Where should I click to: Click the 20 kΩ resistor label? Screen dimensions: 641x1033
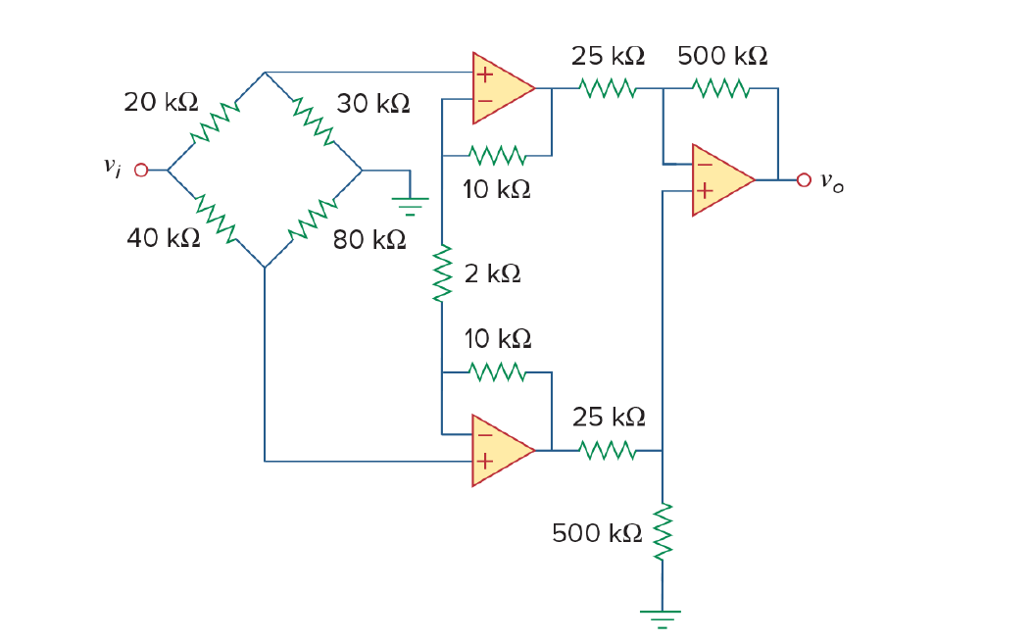pos(161,102)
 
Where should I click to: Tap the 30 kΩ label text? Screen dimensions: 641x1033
pos(373,103)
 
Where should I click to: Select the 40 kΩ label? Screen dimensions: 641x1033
pos(164,237)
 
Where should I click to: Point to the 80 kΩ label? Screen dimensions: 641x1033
pos(369,239)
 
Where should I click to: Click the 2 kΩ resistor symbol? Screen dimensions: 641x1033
pos(443,274)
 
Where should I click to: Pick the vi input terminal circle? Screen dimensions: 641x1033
pos(141,171)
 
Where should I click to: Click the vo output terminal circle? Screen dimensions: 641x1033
pos(804,180)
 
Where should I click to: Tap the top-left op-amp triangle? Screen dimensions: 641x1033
pos(501,88)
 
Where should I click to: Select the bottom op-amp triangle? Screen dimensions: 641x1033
pos(501,450)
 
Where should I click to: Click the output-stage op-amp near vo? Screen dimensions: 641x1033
pos(720,180)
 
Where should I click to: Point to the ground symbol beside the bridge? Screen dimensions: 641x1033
pos(411,204)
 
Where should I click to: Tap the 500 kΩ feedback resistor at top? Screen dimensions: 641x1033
pos(721,89)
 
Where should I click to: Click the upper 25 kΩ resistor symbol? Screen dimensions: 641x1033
pos(608,89)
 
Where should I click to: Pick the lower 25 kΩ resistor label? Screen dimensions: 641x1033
pos(609,418)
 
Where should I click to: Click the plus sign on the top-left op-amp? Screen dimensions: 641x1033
pos(484,73)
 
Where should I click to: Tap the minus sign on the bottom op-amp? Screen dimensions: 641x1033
pos(484,433)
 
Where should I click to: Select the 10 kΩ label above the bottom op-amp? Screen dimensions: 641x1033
pos(498,339)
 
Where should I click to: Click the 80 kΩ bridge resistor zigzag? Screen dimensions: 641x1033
pos(314,222)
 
